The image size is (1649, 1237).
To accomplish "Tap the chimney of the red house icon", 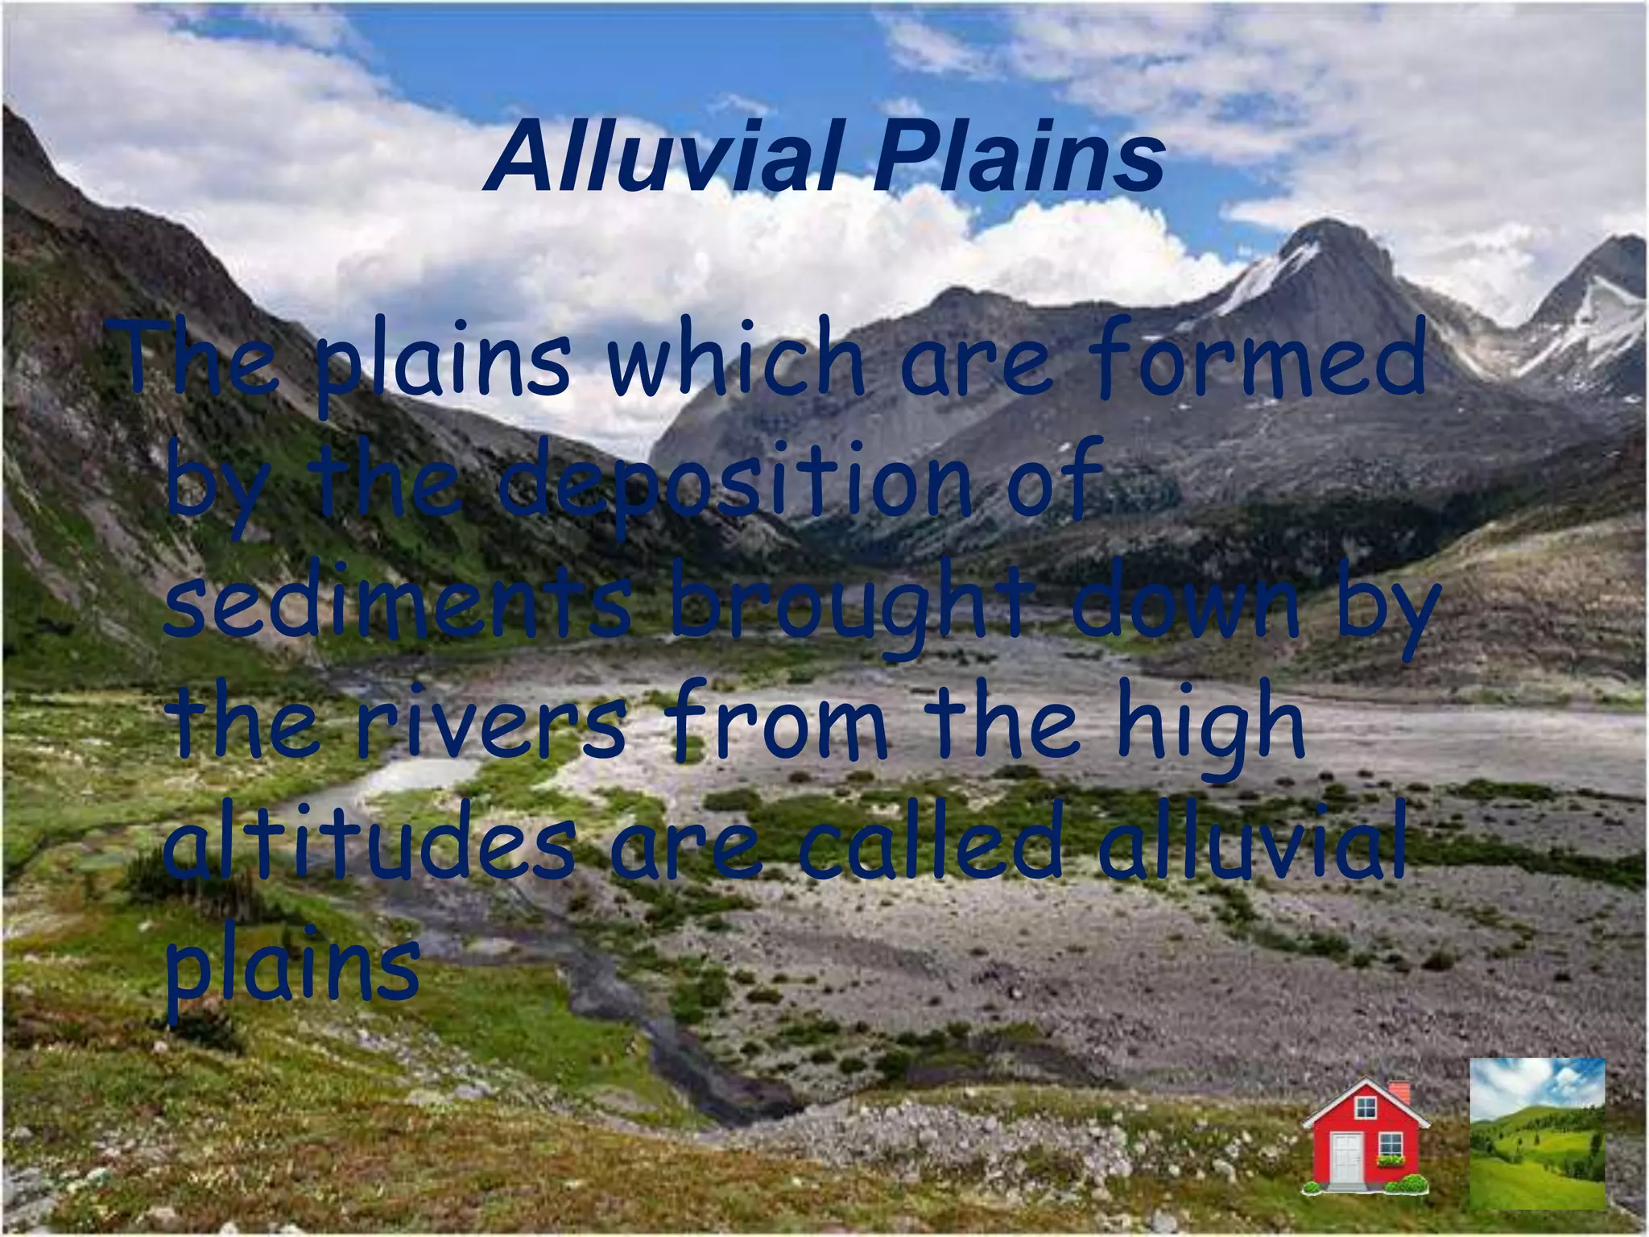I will click(1399, 1094).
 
